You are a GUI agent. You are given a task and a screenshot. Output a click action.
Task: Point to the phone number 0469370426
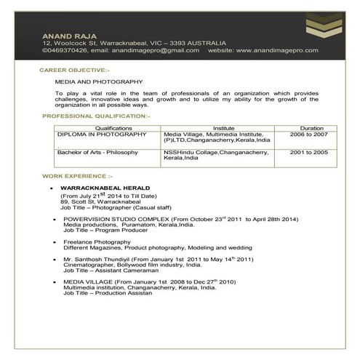point(66,50)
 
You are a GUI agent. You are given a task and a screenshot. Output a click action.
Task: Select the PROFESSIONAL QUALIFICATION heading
point(96,116)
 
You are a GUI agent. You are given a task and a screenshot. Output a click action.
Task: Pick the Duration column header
point(311,127)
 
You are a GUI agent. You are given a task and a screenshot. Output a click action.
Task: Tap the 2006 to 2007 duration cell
point(309,135)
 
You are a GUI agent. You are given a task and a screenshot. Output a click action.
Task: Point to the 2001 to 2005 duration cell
point(309,153)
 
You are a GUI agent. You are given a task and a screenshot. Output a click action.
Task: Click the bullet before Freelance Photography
point(52,241)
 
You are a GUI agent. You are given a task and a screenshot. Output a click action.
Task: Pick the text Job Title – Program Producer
point(107,231)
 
